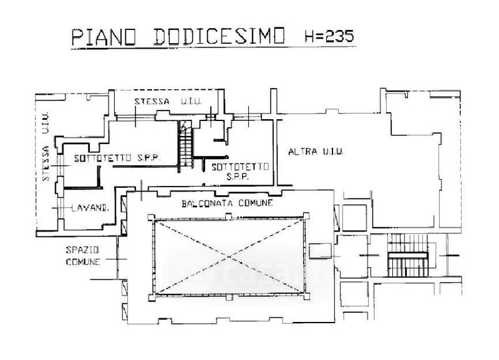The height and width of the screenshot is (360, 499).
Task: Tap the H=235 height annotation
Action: (x=329, y=36)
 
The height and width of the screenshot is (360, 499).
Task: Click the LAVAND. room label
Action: (x=90, y=209)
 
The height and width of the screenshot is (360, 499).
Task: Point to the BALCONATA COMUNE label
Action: (x=228, y=203)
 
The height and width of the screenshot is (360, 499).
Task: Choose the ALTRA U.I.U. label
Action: (x=316, y=152)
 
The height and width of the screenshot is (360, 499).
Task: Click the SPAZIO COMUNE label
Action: (x=82, y=256)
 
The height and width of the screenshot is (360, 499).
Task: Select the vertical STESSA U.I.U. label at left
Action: (x=46, y=148)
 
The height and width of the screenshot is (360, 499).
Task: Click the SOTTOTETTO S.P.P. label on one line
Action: (x=117, y=158)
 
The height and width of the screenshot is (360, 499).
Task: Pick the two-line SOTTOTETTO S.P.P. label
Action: (x=240, y=172)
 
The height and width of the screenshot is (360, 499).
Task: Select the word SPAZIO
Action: (x=82, y=250)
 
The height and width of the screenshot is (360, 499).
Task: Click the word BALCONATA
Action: (x=205, y=203)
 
